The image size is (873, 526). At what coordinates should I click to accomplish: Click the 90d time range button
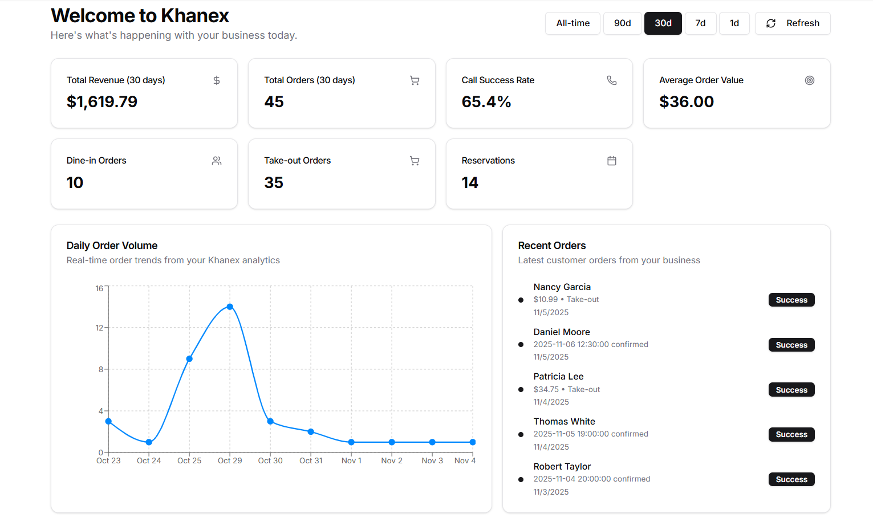(x=622, y=23)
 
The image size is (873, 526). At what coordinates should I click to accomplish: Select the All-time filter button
(x=572, y=23)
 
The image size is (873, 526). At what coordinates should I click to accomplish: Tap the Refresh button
(x=793, y=23)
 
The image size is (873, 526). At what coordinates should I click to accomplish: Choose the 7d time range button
(x=700, y=23)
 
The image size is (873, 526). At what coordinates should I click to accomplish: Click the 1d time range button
(x=734, y=23)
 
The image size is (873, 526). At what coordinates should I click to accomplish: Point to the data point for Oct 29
(x=230, y=307)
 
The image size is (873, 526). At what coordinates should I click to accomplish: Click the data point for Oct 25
(x=189, y=359)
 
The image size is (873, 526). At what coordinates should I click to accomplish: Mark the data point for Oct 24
(x=149, y=442)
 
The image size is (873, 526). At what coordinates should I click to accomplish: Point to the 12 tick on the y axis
(x=99, y=328)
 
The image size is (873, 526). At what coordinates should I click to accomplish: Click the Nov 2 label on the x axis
(x=392, y=460)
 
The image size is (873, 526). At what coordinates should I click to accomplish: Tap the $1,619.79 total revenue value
(x=102, y=102)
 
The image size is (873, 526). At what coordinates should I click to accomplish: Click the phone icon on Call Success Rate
(x=612, y=80)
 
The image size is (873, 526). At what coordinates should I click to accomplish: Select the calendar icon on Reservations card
(x=612, y=161)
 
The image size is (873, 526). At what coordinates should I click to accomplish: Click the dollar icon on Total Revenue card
(x=217, y=80)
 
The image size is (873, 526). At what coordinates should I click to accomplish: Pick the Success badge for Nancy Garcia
(x=791, y=300)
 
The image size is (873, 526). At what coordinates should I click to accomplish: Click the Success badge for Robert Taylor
(x=791, y=479)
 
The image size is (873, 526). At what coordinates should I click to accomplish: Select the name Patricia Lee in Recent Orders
(x=558, y=377)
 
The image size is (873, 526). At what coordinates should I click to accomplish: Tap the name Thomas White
(x=564, y=421)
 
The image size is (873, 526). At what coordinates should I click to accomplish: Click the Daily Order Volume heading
(x=112, y=246)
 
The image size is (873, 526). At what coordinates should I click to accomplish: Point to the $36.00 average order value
(x=687, y=102)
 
